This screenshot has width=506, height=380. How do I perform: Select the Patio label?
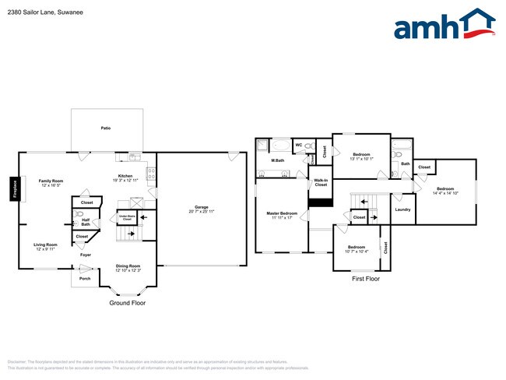[x=104, y=128]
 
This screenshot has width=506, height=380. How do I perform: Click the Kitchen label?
[x=125, y=175]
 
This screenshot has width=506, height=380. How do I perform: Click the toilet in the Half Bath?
[x=79, y=213]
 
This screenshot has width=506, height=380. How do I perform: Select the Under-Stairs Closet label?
[x=125, y=218]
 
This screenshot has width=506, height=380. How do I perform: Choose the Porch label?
[x=85, y=278]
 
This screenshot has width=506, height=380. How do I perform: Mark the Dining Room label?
[x=128, y=266]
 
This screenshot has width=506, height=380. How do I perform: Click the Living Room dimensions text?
[x=46, y=249]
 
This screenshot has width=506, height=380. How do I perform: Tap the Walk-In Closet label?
[x=320, y=182]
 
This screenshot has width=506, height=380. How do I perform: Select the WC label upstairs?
[x=298, y=145]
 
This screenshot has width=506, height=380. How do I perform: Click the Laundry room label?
[x=402, y=209]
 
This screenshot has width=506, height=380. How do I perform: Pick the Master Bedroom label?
[x=282, y=213]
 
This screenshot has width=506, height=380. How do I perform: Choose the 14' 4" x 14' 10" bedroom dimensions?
[x=445, y=193]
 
